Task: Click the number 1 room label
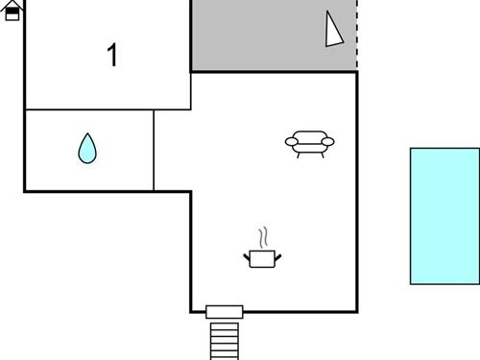click(112, 55)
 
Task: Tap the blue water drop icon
click(87, 148)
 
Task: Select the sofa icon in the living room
click(310, 142)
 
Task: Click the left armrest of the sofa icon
click(291, 142)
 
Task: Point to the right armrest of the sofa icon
click(328, 142)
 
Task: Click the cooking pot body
click(262, 258)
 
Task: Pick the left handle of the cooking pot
click(248, 254)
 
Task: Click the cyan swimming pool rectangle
click(444, 215)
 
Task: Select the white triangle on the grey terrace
click(332, 31)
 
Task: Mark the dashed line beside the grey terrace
click(357, 34)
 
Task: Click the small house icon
click(12, 12)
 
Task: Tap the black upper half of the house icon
click(12, 7)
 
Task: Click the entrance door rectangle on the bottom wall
click(225, 311)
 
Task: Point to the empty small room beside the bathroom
click(172, 150)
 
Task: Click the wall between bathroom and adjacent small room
click(154, 150)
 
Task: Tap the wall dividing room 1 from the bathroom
click(88, 109)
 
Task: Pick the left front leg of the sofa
click(299, 154)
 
